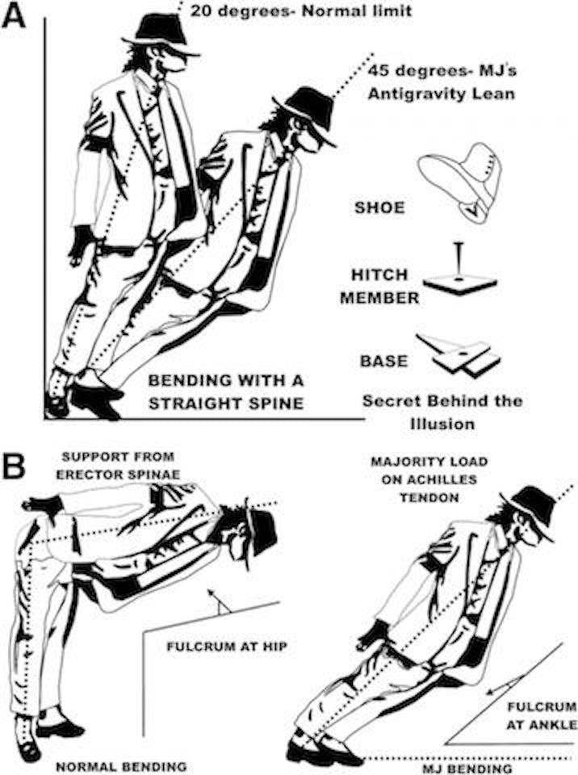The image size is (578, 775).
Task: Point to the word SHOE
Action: tap(379, 207)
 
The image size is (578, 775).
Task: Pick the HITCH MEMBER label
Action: tap(379, 286)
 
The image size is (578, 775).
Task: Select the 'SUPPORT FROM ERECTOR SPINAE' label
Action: tap(118, 465)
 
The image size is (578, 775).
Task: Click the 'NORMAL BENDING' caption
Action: tap(115, 765)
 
